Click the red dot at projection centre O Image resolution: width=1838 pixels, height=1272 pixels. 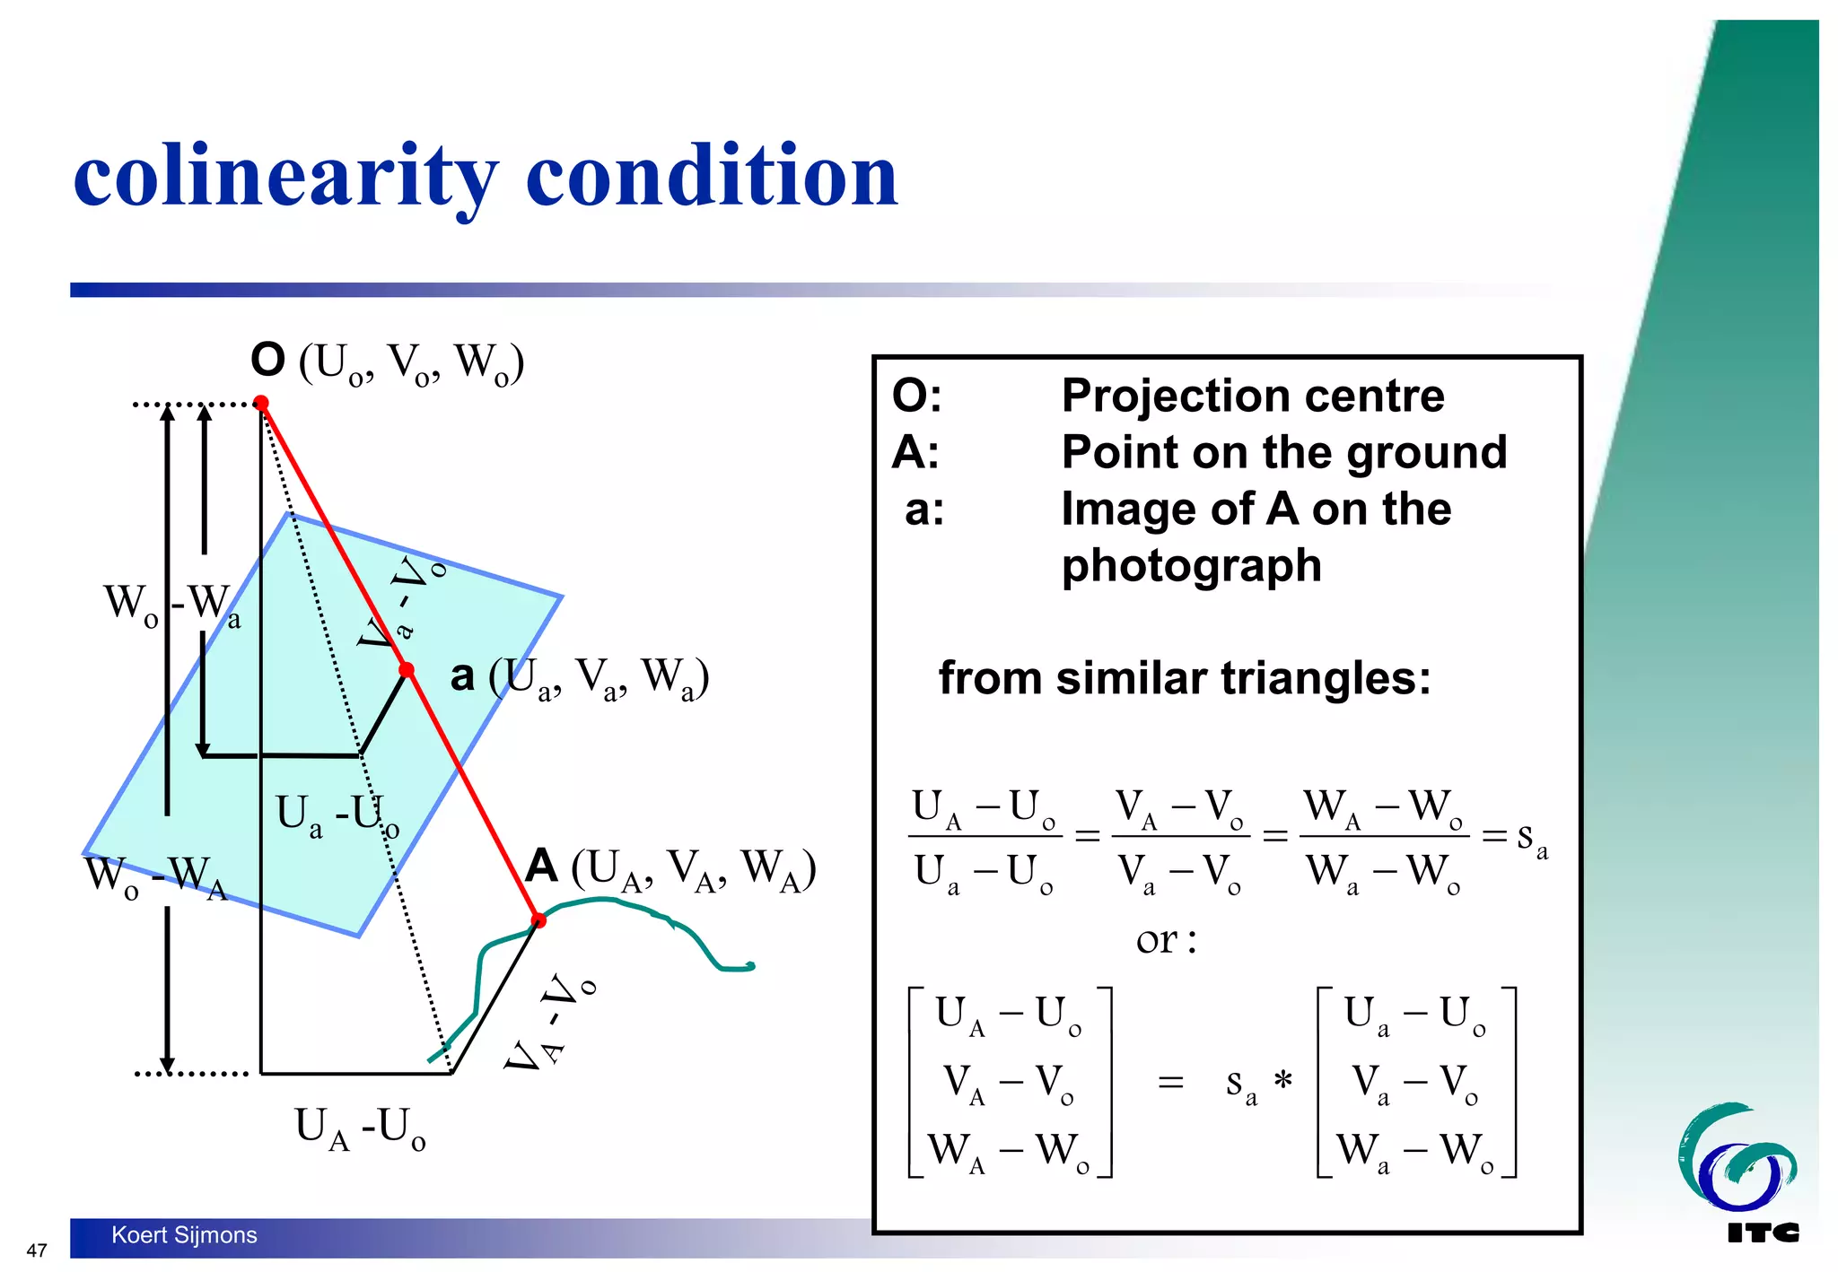point(261,404)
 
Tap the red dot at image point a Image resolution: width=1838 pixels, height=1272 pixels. point(407,670)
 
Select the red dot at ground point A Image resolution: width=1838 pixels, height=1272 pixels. point(538,920)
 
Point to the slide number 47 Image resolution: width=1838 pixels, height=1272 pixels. point(37,1250)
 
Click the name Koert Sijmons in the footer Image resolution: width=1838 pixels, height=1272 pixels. point(184,1235)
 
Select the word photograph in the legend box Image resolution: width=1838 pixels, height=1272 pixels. point(1191,566)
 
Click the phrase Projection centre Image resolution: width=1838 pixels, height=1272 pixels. point(1253,396)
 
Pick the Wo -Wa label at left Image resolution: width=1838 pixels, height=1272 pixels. point(171,605)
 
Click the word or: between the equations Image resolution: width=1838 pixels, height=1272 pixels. point(1165,940)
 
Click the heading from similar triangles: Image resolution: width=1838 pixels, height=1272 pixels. point(1184,678)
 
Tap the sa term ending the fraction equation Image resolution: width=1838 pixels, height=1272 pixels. point(1531,838)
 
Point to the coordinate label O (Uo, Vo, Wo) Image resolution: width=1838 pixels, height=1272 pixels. point(387,362)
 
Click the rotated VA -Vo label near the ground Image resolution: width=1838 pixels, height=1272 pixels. point(547,1023)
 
